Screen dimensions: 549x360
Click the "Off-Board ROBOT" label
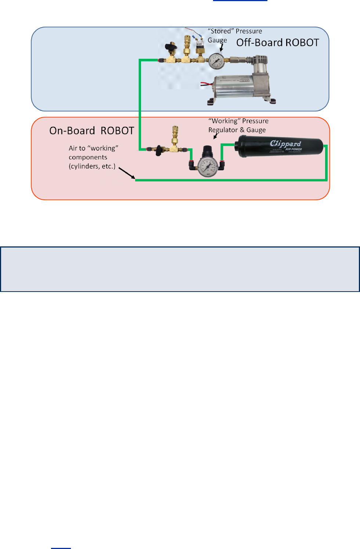[277, 43]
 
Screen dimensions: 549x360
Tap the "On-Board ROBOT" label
[91, 131]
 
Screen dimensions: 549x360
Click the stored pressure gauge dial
[216, 61]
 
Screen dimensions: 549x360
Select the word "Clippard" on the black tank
[285, 143]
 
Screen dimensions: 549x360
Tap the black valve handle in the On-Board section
[159, 150]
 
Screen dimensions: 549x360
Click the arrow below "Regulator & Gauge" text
[216, 136]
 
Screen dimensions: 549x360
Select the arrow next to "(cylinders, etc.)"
[127, 174]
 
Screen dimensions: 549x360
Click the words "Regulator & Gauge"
[237, 130]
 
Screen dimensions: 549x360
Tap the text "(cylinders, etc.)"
[92, 166]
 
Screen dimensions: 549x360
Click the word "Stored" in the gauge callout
[221, 31]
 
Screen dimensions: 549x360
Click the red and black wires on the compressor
[205, 85]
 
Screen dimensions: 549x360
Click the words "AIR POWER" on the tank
[294, 149]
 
